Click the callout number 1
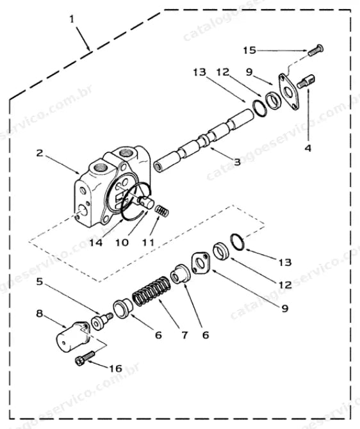click(x=72, y=19)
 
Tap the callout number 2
click(x=40, y=153)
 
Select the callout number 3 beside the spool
click(x=237, y=162)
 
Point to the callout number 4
click(x=308, y=149)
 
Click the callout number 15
click(x=250, y=51)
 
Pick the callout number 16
click(x=115, y=369)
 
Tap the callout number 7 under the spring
click(x=184, y=335)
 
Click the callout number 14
click(x=96, y=243)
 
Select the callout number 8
click(x=40, y=314)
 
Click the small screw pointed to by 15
click(x=316, y=50)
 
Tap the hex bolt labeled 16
click(x=85, y=357)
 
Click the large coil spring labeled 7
click(x=152, y=291)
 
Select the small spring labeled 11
click(x=162, y=211)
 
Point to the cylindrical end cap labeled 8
click(x=73, y=337)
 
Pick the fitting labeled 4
click(x=306, y=82)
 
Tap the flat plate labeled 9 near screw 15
click(x=289, y=92)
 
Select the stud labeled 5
click(x=102, y=321)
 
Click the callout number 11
click(x=148, y=243)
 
